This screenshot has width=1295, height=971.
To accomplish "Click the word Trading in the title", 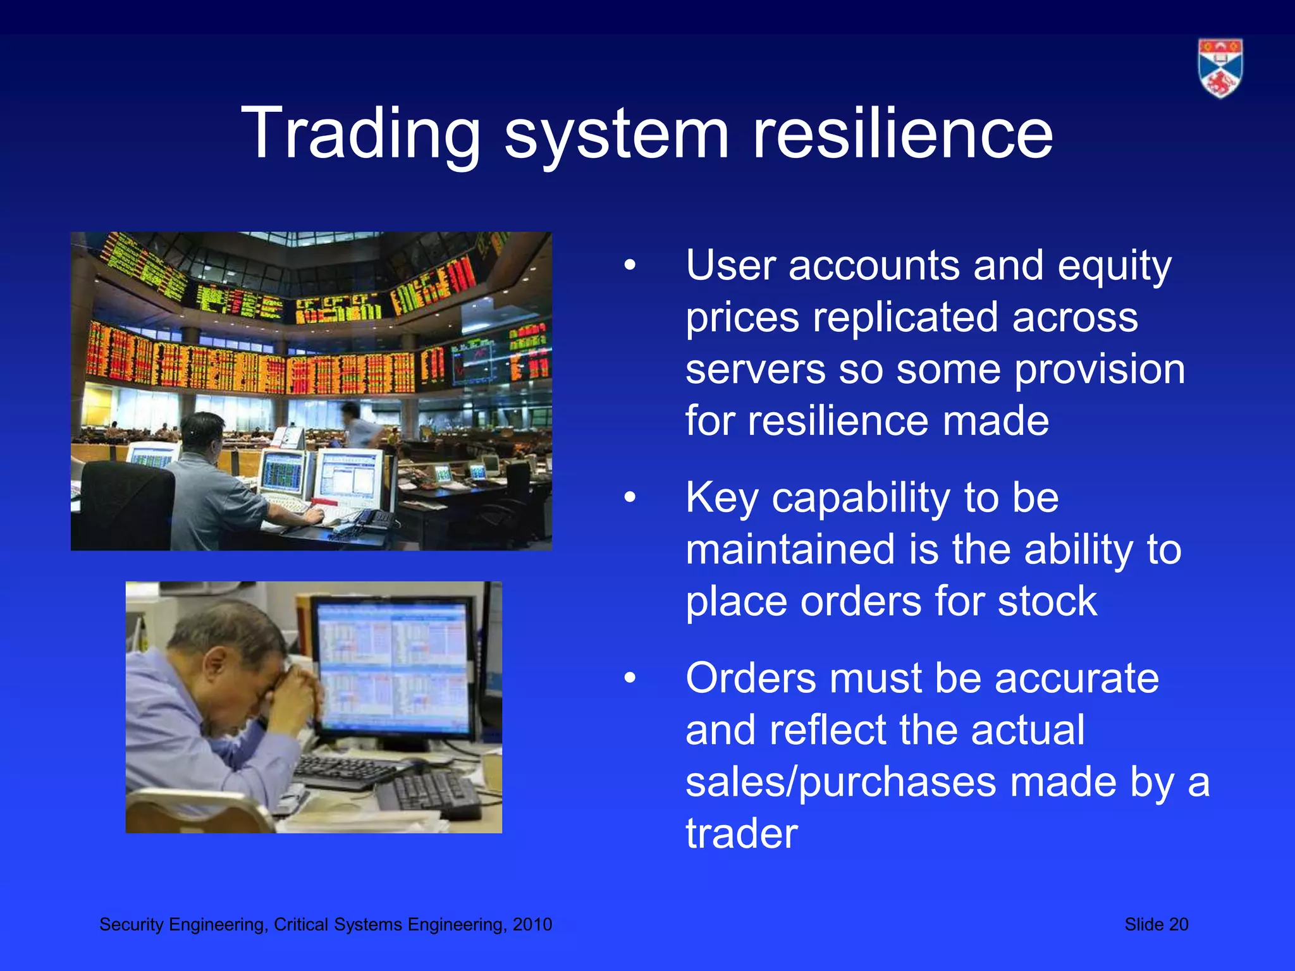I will coord(361,134).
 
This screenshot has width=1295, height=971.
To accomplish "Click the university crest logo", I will coord(1220,68).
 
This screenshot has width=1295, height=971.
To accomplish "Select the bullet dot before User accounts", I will coord(629,266).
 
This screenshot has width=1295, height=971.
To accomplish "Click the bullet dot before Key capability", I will coord(629,498).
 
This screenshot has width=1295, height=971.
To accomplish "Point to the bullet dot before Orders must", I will coord(629,678).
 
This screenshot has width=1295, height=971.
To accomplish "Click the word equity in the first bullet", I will coord(1115,266).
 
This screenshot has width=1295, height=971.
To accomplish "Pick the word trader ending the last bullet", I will coord(741,834).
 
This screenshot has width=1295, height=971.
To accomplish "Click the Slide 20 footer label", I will coord(1156,925).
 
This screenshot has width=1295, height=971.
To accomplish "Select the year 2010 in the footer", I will coord(532,925).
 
